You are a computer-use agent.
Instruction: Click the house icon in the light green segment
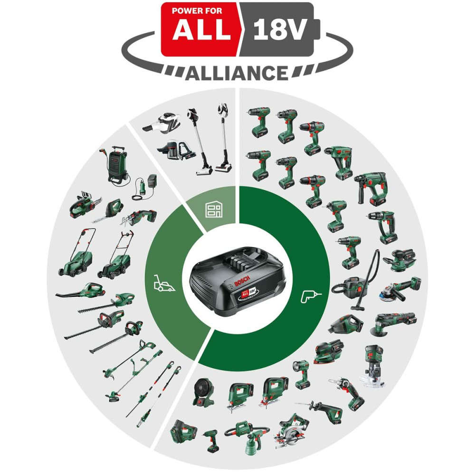(214, 209)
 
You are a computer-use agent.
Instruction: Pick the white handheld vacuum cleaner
(165, 123)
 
